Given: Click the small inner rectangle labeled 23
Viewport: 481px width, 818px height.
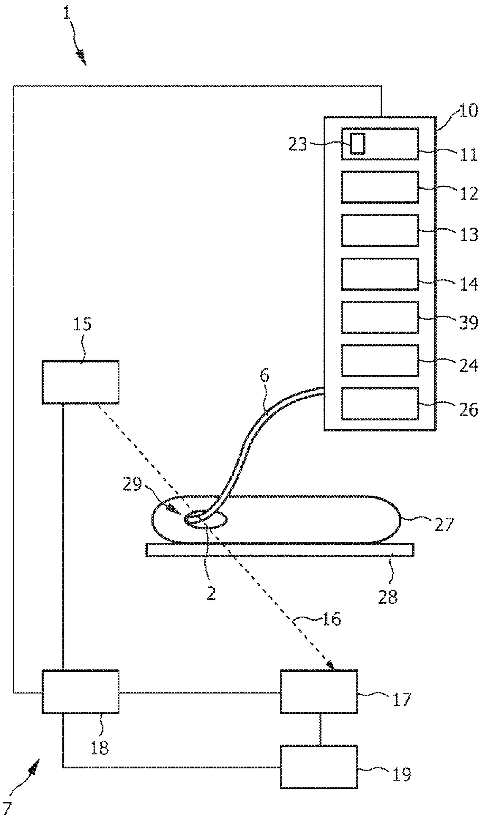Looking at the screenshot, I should pyautogui.click(x=357, y=144).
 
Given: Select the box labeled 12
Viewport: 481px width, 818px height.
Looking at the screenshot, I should pyautogui.click(x=380, y=187).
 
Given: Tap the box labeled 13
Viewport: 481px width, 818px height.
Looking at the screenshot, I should pyautogui.click(x=380, y=230).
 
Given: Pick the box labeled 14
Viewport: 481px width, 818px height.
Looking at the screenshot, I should pyautogui.click(x=380, y=274).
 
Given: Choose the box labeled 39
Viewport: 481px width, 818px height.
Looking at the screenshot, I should pyautogui.click(x=380, y=317).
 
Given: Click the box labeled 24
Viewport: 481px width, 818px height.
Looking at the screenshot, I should pyautogui.click(x=380, y=360).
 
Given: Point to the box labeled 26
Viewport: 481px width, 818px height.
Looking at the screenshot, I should pyautogui.click(x=380, y=403).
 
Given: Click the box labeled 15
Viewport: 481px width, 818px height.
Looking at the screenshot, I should pyautogui.click(x=80, y=382).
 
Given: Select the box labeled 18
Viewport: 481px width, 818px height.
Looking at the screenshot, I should pyautogui.click(x=80, y=692).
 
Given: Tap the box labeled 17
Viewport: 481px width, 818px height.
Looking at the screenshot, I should pyautogui.click(x=319, y=692).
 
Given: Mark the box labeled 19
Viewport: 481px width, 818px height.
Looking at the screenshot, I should pyautogui.click(x=319, y=766).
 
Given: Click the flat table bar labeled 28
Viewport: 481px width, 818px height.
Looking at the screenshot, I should pyautogui.click(x=279, y=550).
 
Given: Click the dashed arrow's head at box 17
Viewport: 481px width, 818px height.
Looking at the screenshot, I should pyautogui.click(x=330, y=666).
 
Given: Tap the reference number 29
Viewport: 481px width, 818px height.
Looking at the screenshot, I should pyautogui.click(x=132, y=485).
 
